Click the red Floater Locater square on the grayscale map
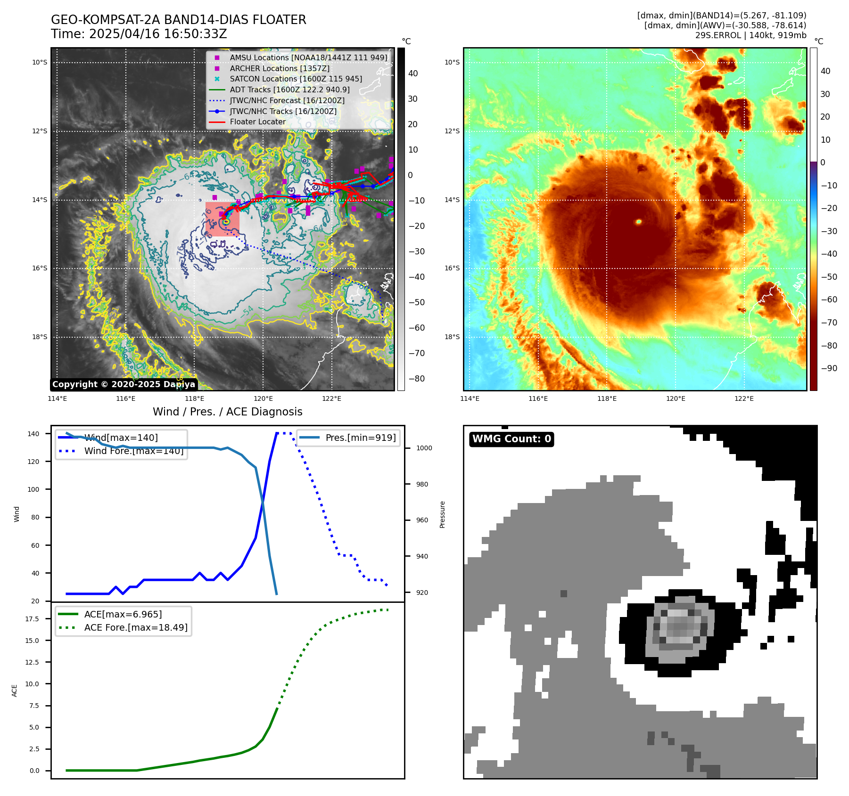(x=222, y=219)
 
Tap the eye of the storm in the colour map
(x=639, y=221)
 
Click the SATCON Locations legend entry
(x=296, y=79)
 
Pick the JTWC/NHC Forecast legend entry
(x=287, y=100)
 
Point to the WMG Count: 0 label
(x=511, y=439)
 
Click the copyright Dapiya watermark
(x=124, y=384)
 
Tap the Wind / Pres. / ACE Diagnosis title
(x=227, y=412)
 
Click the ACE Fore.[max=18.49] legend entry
(x=135, y=627)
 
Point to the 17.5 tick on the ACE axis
(x=33, y=619)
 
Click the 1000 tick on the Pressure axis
(x=424, y=448)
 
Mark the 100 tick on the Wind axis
(x=33, y=489)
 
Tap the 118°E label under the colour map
(x=607, y=398)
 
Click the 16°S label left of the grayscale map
(x=40, y=268)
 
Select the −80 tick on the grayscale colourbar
(x=416, y=379)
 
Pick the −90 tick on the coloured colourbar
(x=829, y=368)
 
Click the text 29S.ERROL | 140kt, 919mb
(x=750, y=35)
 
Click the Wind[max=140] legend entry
(x=121, y=438)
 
